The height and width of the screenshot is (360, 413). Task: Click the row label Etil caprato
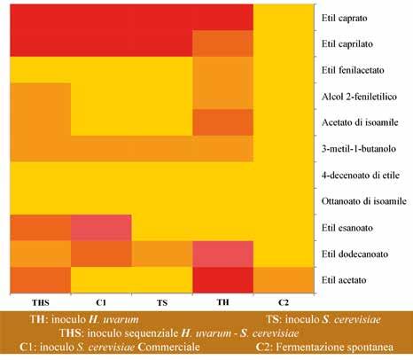[345, 18]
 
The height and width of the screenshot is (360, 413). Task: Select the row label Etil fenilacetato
[353, 70]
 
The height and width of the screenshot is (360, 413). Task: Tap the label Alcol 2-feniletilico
[359, 97]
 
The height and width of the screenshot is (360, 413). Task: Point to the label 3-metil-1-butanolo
[359, 148]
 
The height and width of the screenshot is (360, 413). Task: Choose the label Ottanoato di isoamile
[364, 201]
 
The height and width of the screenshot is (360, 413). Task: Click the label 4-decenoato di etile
[361, 175]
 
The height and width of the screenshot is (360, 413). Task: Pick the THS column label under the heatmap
[41, 302]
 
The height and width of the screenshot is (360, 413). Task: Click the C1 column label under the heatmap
[101, 302]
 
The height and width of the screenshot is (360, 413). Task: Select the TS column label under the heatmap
[162, 302]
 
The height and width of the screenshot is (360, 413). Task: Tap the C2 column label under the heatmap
[284, 302]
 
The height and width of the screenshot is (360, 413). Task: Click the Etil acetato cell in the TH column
[222, 280]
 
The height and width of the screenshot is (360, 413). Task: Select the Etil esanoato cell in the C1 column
[101, 228]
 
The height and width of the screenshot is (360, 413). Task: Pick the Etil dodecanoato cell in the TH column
[222, 254]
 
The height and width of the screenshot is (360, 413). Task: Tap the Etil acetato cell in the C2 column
[284, 280]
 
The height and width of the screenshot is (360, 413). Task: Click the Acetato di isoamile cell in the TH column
[222, 122]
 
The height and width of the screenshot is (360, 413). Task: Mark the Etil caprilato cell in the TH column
[222, 43]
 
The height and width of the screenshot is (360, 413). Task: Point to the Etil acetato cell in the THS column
[41, 280]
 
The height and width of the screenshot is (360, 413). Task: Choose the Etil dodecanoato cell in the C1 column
[101, 254]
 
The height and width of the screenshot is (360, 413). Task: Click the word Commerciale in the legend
[168, 347]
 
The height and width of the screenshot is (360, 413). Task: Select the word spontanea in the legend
[363, 348]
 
